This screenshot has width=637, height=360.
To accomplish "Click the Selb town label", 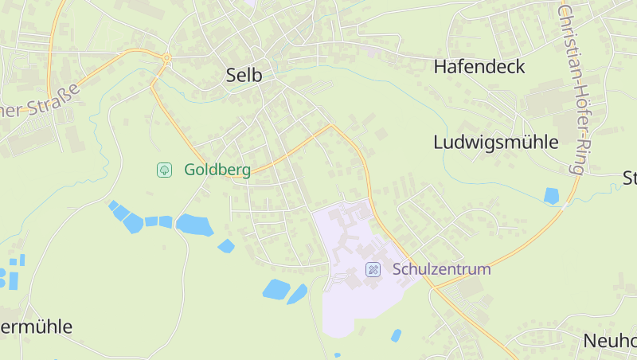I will click(244, 75).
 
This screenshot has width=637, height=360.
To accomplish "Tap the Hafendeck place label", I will click(479, 66).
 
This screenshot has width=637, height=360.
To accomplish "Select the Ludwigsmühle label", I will click(496, 143).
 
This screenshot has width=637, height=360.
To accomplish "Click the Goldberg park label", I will click(217, 170).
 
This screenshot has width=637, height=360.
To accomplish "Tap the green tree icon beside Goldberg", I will click(164, 170).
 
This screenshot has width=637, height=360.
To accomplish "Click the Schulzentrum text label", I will click(441, 269).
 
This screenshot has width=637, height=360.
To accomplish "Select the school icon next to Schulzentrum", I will click(373, 269).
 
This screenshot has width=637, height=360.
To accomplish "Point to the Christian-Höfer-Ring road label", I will click(573, 88).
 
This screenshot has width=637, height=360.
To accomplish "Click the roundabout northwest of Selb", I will click(166, 57).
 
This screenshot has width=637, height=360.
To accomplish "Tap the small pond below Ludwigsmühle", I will click(551, 195).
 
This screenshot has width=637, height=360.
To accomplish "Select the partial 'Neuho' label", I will click(610, 341).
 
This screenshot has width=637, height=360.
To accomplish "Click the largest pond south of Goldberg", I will click(193, 225).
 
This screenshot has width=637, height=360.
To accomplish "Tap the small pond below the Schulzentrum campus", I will click(396, 335).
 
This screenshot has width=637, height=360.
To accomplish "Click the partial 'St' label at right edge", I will click(629, 177).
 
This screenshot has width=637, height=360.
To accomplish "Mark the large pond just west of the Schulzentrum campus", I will click(276, 289).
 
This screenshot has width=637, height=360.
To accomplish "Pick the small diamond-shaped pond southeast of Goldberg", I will click(226, 246).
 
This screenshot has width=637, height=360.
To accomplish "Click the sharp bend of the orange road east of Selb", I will click(331, 125).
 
